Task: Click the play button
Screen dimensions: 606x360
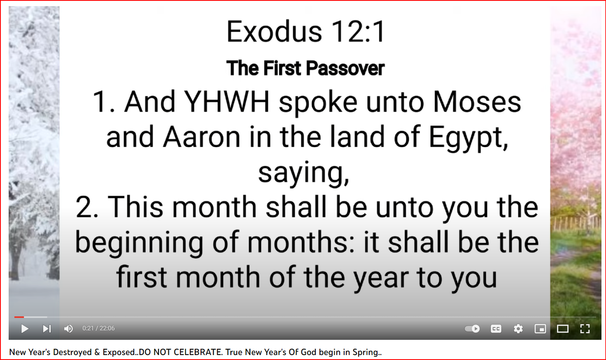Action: pyautogui.click(x=25, y=329)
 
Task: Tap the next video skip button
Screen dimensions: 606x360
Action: pyautogui.click(x=47, y=329)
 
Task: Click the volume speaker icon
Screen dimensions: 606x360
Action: pyautogui.click(x=68, y=329)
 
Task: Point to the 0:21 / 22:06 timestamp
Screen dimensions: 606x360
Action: pyautogui.click(x=98, y=328)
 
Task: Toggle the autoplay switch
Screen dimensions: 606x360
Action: pyautogui.click(x=472, y=329)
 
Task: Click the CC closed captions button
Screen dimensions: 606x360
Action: pyautogui.click(x=496, y=329)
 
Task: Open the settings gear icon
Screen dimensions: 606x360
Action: pyautogui.click(x=518, y=329)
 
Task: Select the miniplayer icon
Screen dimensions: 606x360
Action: pyautogui.click(x=540, y=329)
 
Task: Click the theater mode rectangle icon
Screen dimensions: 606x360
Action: pyautogui.click(x=563, y=329)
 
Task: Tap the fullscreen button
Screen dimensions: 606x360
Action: pyautogui.click(x=585, y=329)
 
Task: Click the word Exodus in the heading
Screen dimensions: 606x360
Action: pyautogui.click(x=274, y=31)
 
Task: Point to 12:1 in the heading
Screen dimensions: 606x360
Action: pyautogui.click(x=358, y=31)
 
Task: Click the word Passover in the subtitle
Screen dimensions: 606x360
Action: pyautogui.click(x=345, y=68)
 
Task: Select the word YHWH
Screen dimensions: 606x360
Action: pyautogui.click(x=227, y=101)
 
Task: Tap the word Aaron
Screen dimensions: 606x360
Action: pyautogui.click(x=202, y=137)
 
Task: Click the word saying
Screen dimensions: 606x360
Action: pyautogui.click(x=303, y=175)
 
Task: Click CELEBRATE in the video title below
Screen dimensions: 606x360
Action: pyautogui.click(x=198, y=352)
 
